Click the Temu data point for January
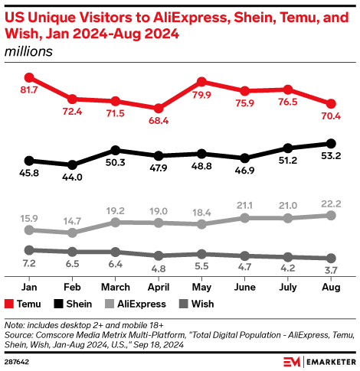tap(29, 77)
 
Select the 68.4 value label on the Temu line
tap(159, 121)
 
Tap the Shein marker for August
tap(332, 143)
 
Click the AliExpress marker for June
tap(245, 218)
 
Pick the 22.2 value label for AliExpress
tap(332, 201)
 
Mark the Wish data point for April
tap(159, 255)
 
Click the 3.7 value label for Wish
tap(332, 272)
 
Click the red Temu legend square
tap(10, 304)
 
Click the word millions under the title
tap(28, 51)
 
